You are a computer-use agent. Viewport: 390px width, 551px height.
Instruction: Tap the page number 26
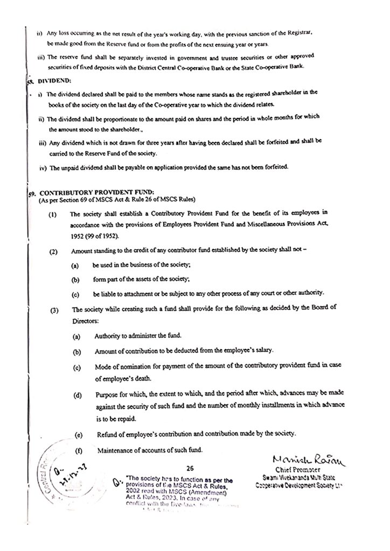190,468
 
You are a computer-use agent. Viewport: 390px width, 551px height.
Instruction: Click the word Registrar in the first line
291,33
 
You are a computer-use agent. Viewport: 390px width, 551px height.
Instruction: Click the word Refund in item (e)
108,434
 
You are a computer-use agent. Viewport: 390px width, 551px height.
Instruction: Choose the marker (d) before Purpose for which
79,397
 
